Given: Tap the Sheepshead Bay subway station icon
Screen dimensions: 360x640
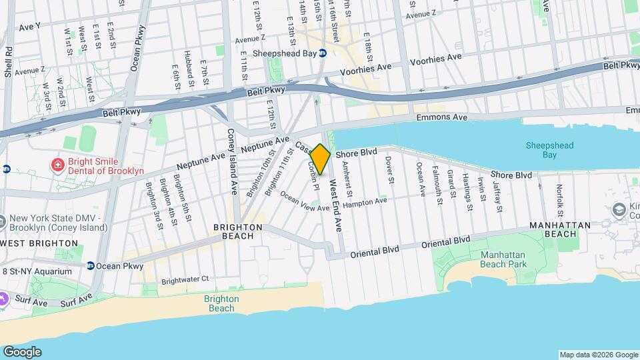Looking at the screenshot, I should (x=323, y=53).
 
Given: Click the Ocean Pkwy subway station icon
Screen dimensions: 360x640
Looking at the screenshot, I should (x=91, y=266).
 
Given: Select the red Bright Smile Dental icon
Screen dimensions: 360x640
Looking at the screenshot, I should (x=58, y=163).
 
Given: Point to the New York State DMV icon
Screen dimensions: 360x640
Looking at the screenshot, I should (x=4, y=220).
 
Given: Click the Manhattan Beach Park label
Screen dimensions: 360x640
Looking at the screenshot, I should (x=503, y=260).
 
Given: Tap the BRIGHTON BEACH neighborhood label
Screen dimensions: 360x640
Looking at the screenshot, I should (x=237, y=231).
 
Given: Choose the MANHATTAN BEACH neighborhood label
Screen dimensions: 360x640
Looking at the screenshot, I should (x=560, y=230).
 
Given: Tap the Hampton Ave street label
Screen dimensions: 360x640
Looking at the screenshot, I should (x=365, y=201).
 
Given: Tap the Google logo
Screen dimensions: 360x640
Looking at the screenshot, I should (x=22, y=351).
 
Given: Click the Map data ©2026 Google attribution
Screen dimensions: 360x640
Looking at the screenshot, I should (x=598, y=355).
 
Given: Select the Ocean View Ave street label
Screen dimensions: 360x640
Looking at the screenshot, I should (x=305, y=202).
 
